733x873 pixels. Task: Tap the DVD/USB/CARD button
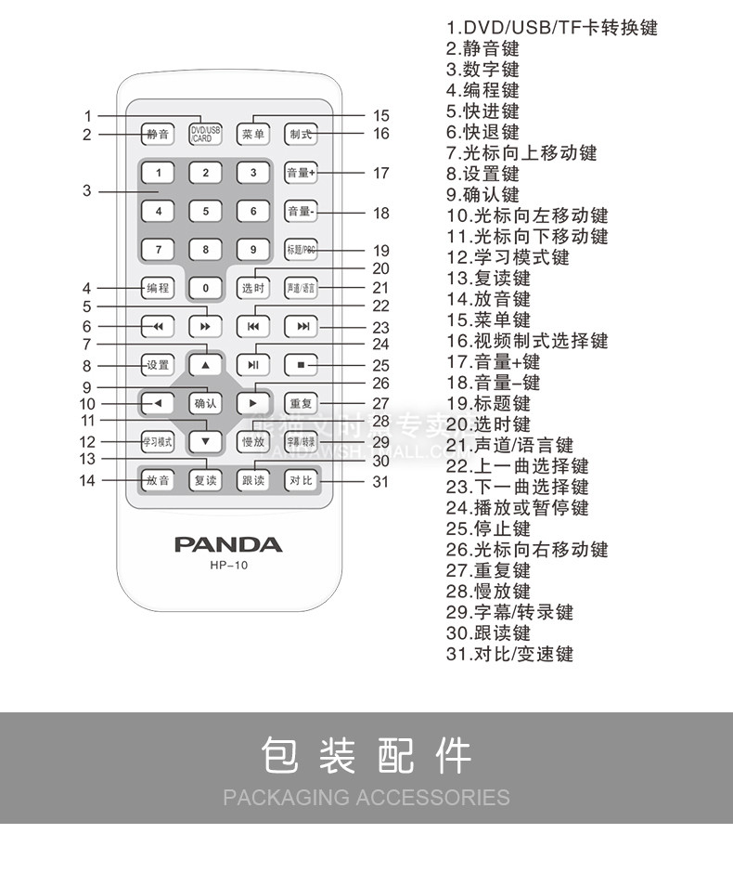click(205, 134)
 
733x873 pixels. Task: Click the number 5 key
click(205, 211)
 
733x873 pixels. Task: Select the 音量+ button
click(301, 173)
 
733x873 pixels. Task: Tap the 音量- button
click(301, 212)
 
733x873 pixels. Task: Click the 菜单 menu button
click(253, 134)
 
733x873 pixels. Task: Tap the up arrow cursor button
click(205, 365)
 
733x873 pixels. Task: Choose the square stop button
click(301, 365)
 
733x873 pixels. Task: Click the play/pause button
click(252, 365)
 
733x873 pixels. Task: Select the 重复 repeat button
click(301, 404)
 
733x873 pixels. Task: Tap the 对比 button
click(301, 480)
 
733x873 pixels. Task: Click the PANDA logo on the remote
click(228, 544)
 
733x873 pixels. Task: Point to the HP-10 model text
click(228, 565)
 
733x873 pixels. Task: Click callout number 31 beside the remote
click(380, 481)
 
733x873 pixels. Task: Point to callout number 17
click(380, 173)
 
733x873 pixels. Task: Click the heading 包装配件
click(366, 756)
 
